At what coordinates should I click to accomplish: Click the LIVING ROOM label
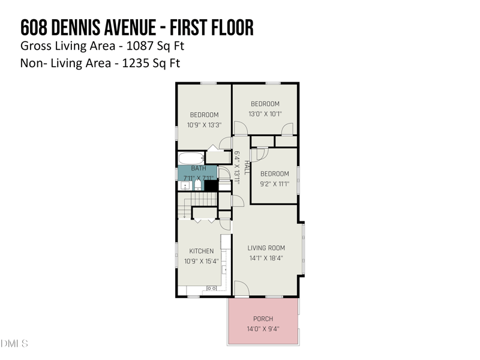click(266, 248)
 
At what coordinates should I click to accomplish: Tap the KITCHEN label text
click(201, 251)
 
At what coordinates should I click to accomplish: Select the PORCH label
click(263, 319)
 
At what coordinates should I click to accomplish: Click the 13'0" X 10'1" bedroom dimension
click(265, 114)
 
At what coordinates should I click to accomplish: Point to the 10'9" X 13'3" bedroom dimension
click(205, 125)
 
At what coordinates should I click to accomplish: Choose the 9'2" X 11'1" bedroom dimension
click(274, 184)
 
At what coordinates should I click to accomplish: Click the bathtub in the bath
click(191, 158)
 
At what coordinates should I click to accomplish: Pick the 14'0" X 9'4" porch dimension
click(263, 329)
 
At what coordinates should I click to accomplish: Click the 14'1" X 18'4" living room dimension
click(266, 258)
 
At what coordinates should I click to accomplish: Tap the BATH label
click(198, 169)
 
